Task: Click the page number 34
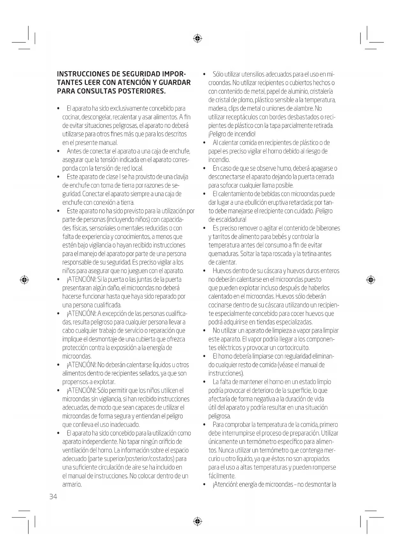coord(53,496)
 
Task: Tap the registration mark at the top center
coord(198,39)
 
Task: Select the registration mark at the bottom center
coord(198,521)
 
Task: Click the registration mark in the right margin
coord(370,280)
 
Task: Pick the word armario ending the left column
coord(72,484)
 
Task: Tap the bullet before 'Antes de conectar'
coord(58,151)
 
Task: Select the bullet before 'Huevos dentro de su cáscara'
coord(204,271)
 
